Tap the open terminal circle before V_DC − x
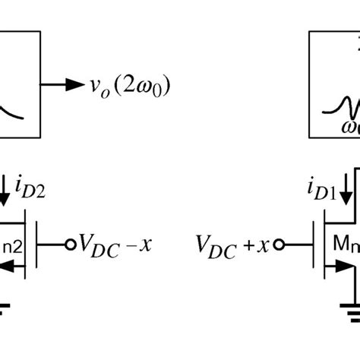click(71, 245)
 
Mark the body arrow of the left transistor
click(14, 266)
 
